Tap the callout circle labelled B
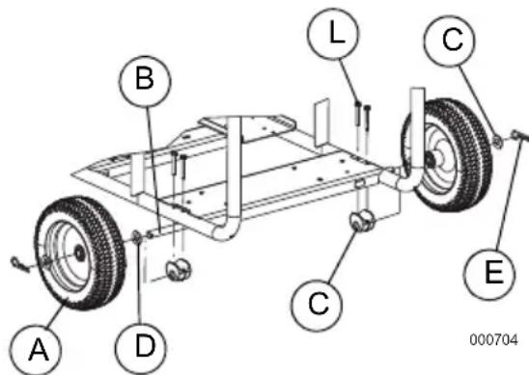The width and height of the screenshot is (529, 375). click(x=143, y=81)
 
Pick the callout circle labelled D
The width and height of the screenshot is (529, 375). click(x=145, y=342)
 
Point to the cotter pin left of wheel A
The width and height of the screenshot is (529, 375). click(x=24, y=260)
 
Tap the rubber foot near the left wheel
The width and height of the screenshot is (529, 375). click(x=178, y=269)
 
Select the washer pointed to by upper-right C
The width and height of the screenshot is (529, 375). click(x=495, y=141)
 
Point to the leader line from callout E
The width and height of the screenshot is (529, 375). click(x=501, y=202)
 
